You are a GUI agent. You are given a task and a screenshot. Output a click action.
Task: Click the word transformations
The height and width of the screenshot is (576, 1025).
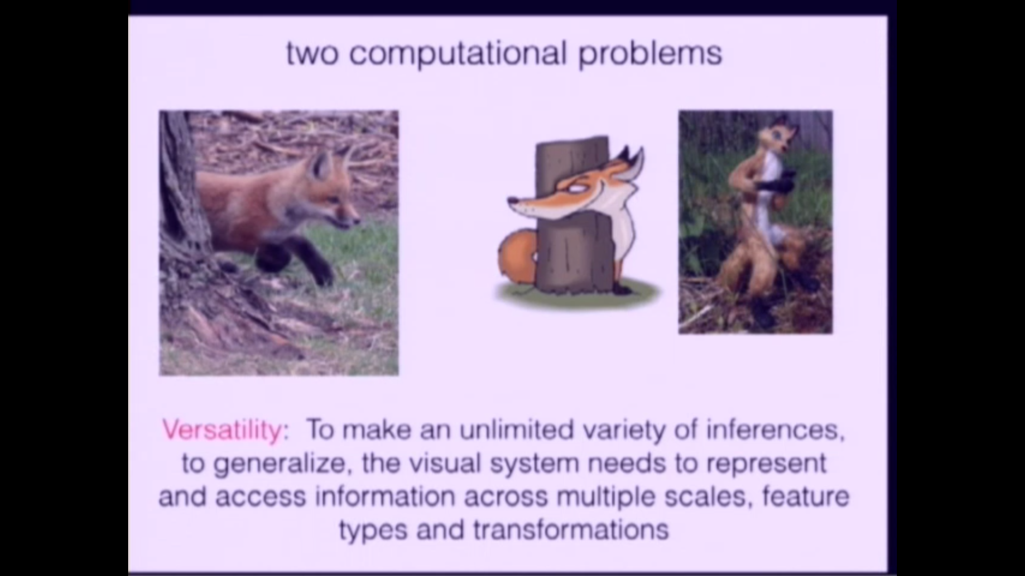tap(571, 530)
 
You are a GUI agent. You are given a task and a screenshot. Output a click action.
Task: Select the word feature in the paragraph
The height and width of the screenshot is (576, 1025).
tap(806, 496)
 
